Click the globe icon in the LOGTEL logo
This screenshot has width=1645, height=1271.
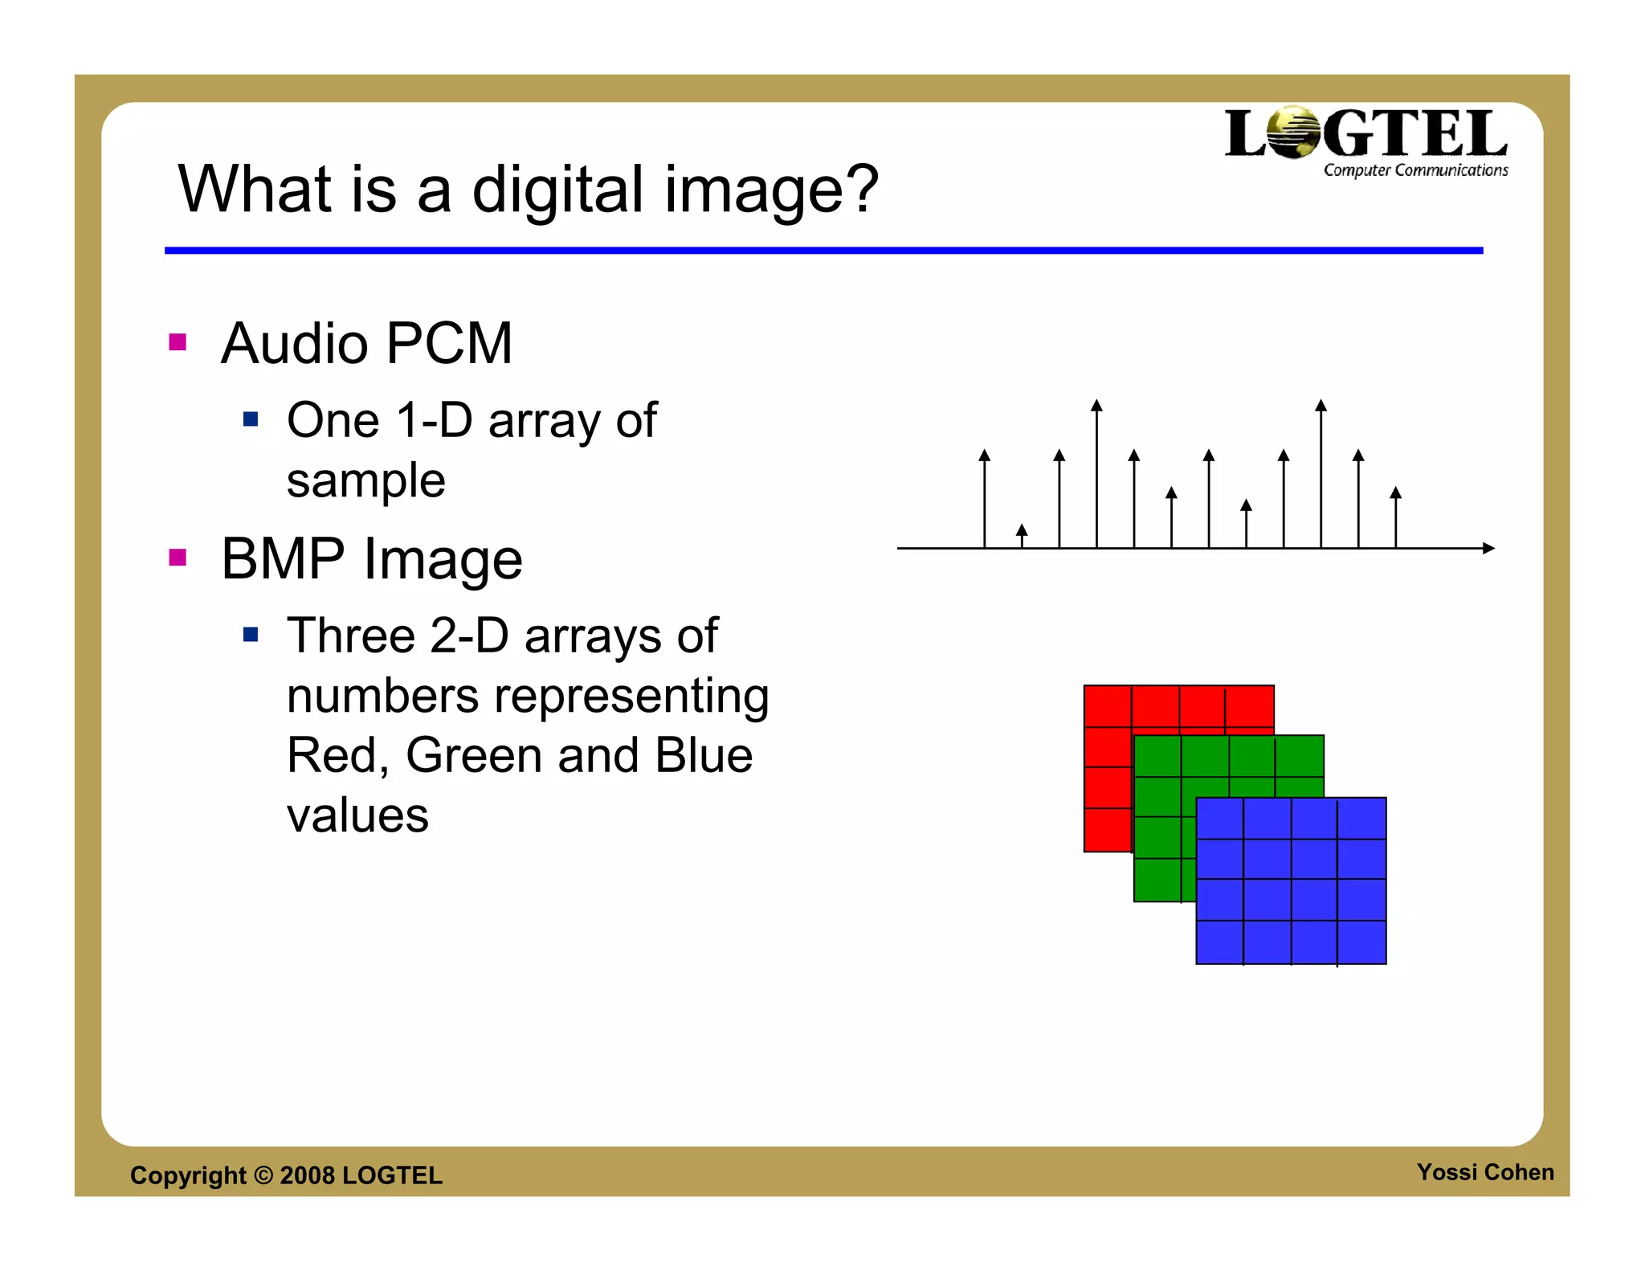click(1292, 133)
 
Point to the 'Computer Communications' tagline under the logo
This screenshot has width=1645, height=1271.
click(1415, 170)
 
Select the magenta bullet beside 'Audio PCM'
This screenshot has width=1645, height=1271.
click(178, 343)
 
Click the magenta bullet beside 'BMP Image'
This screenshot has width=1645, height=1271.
click(178, 558)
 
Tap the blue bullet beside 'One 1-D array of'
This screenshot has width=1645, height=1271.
click(251, 419)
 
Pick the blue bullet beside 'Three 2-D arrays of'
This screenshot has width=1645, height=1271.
click(251, 635)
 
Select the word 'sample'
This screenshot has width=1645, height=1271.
click(365, 480)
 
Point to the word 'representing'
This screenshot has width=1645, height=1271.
click(631, 695)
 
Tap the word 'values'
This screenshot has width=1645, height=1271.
click(357, 815)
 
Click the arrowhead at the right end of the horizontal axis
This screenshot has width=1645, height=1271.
click(1488, 548)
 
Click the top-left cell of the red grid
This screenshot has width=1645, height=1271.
click(1108, 706)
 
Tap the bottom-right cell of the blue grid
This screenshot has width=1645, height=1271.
click(1362, 942)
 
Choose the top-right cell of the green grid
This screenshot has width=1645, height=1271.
click(1300, 756)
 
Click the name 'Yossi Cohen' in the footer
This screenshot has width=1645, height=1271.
click(1485, 1172)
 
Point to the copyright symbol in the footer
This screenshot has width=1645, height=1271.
click(263, 1175)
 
